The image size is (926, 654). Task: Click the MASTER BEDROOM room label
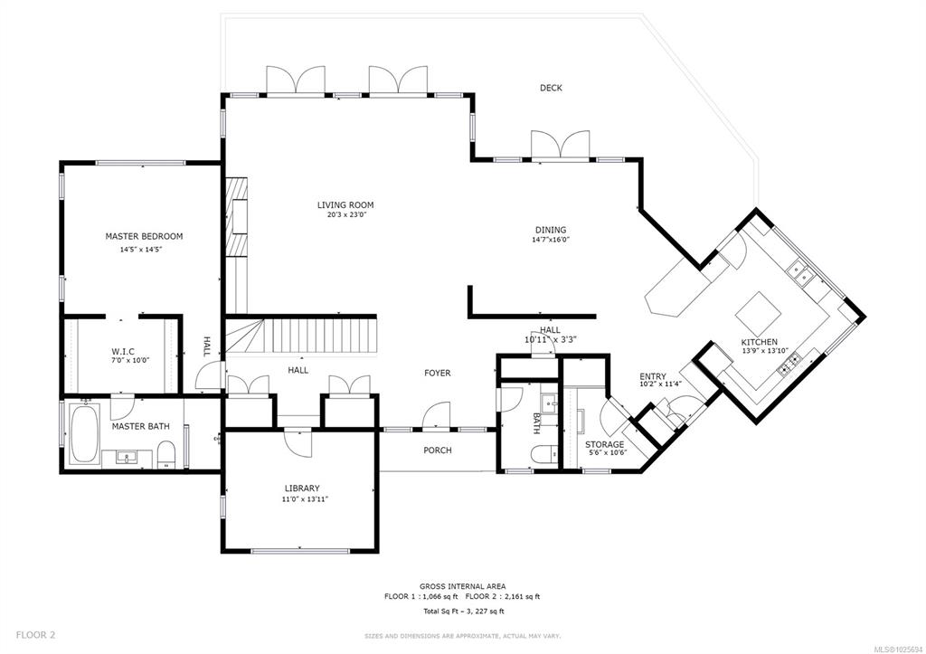144,236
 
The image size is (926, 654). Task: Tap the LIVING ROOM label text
345,205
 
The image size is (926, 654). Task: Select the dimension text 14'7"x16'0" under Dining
551,240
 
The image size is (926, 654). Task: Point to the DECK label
551,88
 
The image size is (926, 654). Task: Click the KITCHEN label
760,342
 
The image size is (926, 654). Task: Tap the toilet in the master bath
166,454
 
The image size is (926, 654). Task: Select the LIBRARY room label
302,488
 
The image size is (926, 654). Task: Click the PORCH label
438,450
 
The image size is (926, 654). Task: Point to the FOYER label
438,373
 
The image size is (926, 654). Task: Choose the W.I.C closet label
123,352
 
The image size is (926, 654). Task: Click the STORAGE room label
604,444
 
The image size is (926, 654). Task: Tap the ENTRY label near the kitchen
653,376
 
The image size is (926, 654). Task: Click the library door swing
298,442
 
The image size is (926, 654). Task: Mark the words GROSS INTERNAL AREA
462,586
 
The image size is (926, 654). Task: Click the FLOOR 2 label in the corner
35,635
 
